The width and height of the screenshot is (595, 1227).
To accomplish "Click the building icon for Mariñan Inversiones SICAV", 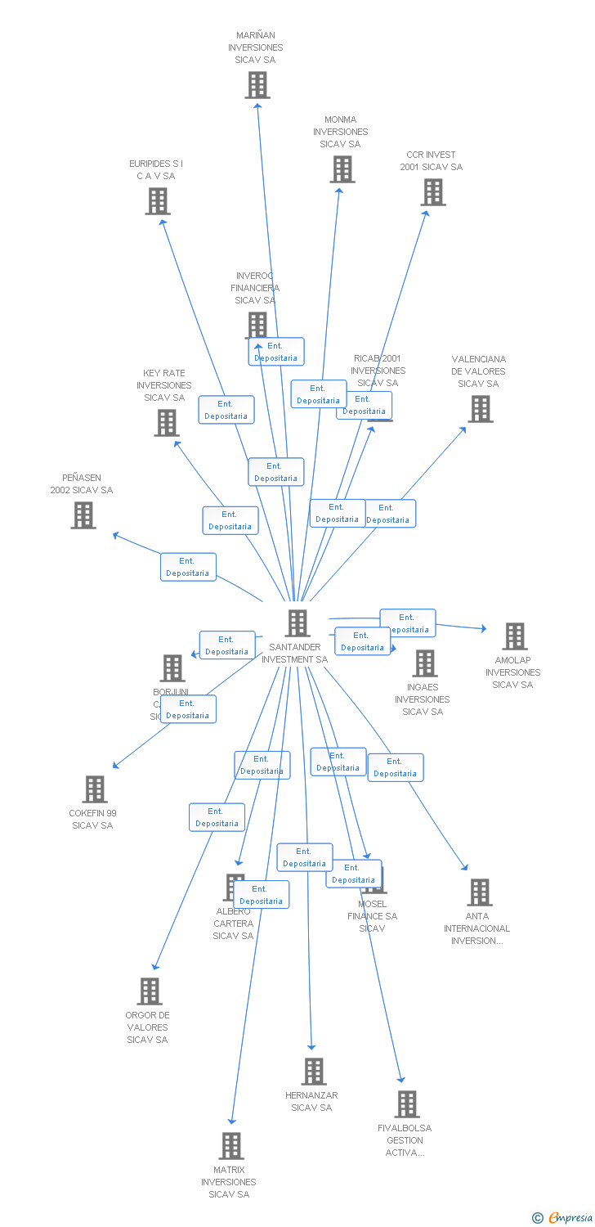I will (257, 84).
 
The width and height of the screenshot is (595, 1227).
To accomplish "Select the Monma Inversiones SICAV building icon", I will (342, 169).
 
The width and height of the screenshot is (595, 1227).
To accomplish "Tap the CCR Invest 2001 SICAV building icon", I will (432, 192).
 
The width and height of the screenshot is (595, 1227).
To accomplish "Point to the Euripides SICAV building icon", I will (158, 200).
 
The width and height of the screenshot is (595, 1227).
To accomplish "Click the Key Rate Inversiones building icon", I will (167, 422).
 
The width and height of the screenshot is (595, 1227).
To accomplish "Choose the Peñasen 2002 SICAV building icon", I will (83, 515).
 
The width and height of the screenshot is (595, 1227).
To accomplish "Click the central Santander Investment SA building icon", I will (297, 622).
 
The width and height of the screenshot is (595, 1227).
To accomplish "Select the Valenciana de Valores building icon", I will (481, 408).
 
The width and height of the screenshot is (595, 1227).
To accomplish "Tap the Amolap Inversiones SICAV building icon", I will (514, 636).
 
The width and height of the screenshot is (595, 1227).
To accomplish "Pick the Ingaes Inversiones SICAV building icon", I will (424, 663).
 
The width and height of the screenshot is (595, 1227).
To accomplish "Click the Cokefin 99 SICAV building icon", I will (95, 789).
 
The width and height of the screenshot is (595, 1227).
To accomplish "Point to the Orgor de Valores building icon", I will (149, 991).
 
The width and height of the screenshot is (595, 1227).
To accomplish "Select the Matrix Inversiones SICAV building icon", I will (231, 1146).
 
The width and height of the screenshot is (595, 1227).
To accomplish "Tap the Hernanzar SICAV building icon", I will (313, 1071).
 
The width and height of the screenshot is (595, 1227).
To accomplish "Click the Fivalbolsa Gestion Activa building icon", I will (406, 1104).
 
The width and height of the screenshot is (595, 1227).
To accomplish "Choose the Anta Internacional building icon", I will (479, 892).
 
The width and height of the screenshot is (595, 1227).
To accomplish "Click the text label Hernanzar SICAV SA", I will (311, 1101).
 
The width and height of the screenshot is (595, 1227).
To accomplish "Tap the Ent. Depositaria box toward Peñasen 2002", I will (188, 567).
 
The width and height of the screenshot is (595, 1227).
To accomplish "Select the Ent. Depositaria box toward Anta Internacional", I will (396, 767).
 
